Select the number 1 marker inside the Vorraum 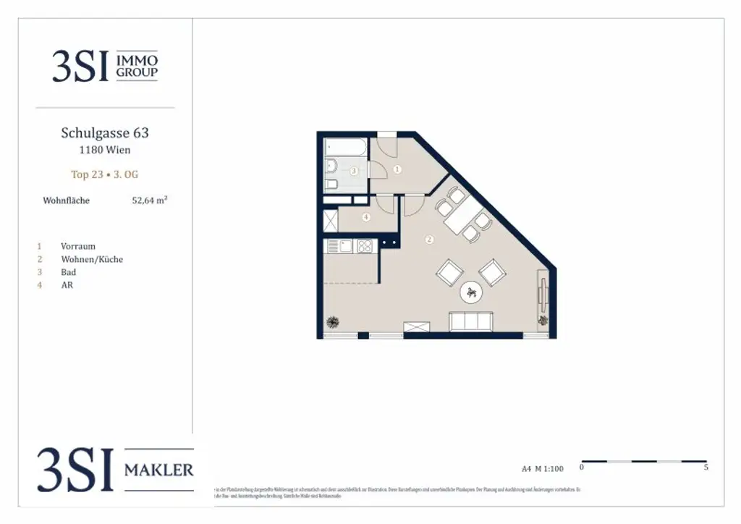pyautogui.click(x=397, y=169)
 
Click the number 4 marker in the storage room pyautogui.click(x=366, y=217)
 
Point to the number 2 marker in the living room pyautogui.click(x=429, y=240)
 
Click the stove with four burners pyautogui.click(x=364, y=246)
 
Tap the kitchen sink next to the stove pyautogui.click(x=345, y=246)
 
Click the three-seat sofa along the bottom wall pyautogui.click(x=471, y=321)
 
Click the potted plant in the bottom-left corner pyautogui.click(x=333, y=322)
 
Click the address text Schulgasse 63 pyautogui.click(x=105, y=133)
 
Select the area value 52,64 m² pyautogui.click(x=149, y=200)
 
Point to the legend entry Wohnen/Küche pyautogui.click(x=92, y=259)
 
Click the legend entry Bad pyautogui.click(x=69, y=272)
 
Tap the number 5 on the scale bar pyautogui.click(x=706, y=468)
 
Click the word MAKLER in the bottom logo pyautogui.click(x=159, y=470)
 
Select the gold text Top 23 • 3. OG pyautogui.click(x=105, y=174)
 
